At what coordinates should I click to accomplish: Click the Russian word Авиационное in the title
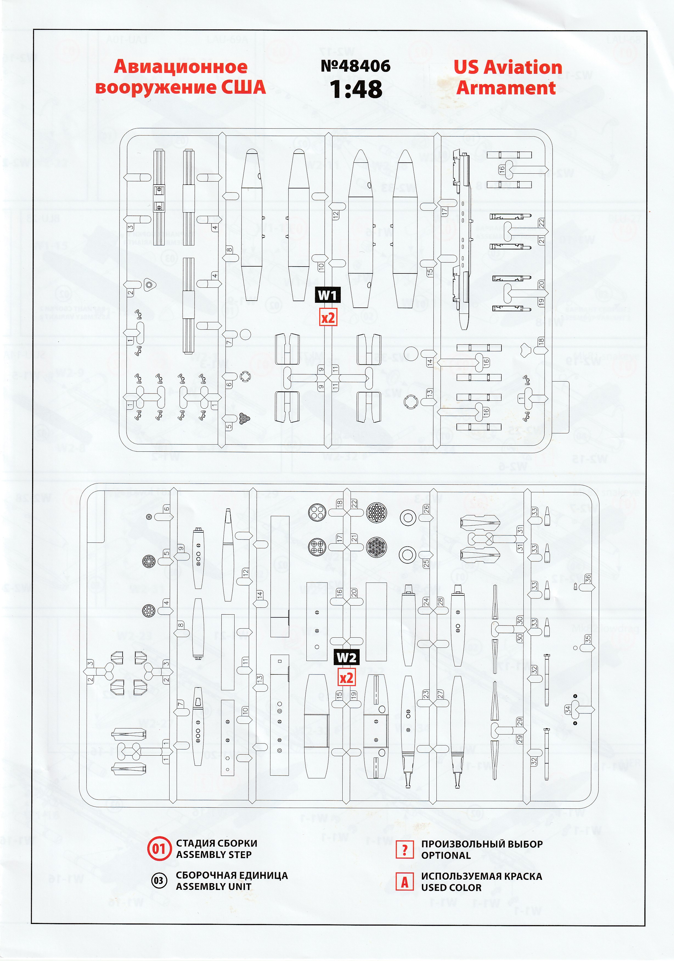[x=181, y=67]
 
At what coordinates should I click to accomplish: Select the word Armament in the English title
[x=506, y=88]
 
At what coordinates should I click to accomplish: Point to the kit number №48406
[x=356, y=66]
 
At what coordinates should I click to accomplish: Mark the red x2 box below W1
[x=328, y=318]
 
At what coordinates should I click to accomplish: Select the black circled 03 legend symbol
[x=159, y=881]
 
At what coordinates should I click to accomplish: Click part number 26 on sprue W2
[x=426, y=509]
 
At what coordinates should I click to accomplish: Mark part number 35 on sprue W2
[x=588, y=639]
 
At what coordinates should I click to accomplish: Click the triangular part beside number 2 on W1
[x=149, y=285]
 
